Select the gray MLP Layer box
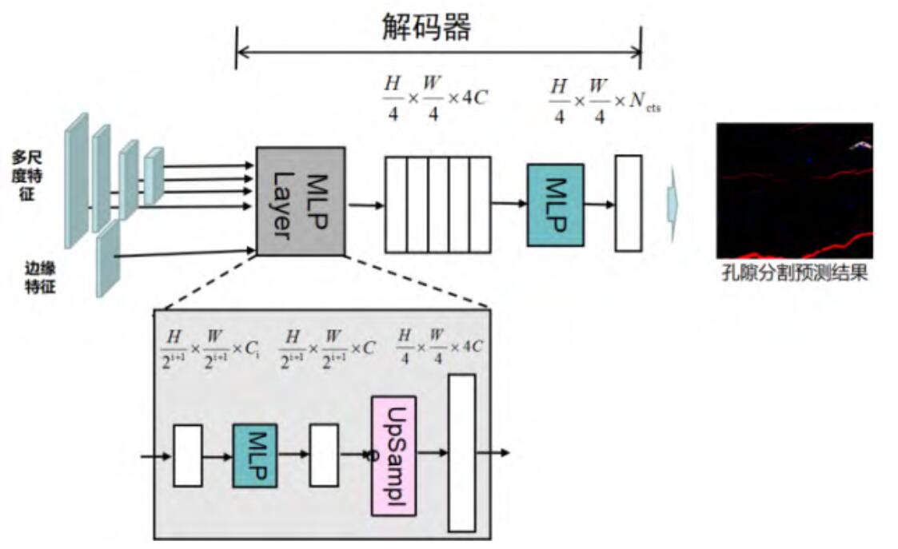pos(301,201)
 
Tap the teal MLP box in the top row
pos(555,205)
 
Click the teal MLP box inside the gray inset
pos(254,456)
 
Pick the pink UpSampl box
pos(393,455)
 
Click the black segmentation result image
pos(793,190)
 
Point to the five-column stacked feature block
pos(437,205)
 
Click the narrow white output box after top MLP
pos(628,203)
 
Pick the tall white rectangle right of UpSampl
pos(461,452)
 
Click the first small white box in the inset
pos(187,456)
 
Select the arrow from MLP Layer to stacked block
pos(365,205)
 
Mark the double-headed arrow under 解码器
pos(438,54)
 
